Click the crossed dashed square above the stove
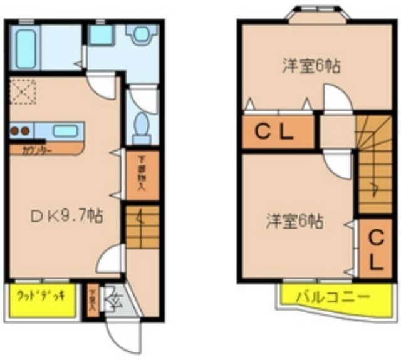(x=23, y=93)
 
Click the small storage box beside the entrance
(x=93, y=300)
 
